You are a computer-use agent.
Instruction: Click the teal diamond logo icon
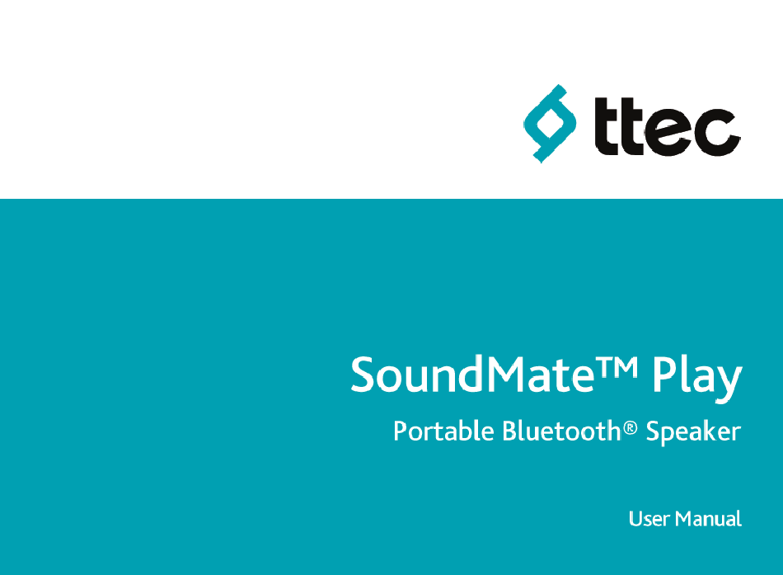click(549, 124)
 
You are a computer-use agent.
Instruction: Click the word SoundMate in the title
click(472, 374)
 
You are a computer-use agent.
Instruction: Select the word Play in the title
click(697, 378)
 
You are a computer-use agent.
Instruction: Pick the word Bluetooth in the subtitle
click(561, 431)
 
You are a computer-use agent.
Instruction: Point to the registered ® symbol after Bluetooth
click(631, 427)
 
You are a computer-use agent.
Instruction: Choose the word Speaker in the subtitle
click(693, 432)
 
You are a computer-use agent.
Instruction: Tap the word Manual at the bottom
click(708, 519)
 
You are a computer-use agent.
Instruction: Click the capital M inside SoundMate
click(508, 374)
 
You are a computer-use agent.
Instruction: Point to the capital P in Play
click(665, 374)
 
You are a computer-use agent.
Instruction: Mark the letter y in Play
click(729, 384)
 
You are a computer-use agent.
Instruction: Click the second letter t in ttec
click(632, 125)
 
